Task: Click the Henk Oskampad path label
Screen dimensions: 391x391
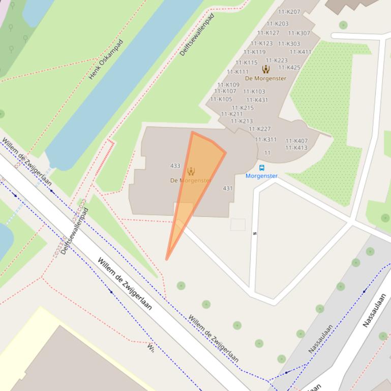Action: pyautogui.click(x=106, y=60)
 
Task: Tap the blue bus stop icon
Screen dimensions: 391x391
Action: pyautogui.click(x=262, y=168)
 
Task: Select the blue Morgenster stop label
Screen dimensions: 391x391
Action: pyautogui.click(x=261, y=176)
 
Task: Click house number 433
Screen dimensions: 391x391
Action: pyautogui.click(x=175, y=166)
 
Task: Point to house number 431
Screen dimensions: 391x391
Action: pyautogui.click(x=228, y=188)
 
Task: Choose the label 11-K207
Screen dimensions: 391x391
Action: pyautogui.click(x=289, y=12)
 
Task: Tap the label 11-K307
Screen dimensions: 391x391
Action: pyautogui.click(x=299, y=33)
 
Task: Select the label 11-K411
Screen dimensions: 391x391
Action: pyautogui.click(x=300, y=52)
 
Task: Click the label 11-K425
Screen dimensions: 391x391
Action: pyautogui.click(x=289, y=67)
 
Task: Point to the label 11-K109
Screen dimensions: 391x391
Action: pyautogui.click(x=228, y=85)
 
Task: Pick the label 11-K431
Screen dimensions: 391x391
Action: pyautogui.click(x=257, y=100)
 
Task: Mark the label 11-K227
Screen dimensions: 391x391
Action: pyautogui.click(x=260, y=129)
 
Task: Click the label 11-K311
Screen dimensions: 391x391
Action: pyautogui.click(x=266, y=140)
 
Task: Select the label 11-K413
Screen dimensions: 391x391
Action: pyautogui.click(x=296, y=148)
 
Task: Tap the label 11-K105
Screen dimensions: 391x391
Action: pyautogui.click(x=221, y=99)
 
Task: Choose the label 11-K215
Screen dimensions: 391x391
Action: pyautogui.click(x=243, y=108)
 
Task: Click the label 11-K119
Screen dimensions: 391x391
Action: pyautogui.click(x=254, y=52)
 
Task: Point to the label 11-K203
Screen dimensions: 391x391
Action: pyautogui.click(x=277, y=23)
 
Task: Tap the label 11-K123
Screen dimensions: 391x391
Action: pyautogui.click(x=261, y=43)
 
